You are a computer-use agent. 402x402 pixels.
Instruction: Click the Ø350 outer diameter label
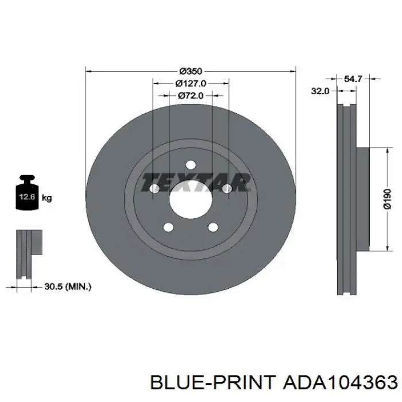pos(191,71)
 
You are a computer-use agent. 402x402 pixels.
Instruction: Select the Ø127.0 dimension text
pos(191,83)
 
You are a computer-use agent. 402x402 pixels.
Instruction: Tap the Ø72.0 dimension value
pos(191,96)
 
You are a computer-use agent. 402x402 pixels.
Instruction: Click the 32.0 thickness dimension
pos(320,91)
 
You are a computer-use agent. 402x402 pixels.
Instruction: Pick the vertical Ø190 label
pos(388,199)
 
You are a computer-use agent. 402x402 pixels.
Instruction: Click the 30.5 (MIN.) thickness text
pos(68,287)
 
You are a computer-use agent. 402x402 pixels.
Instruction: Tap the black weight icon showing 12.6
pos(27,192)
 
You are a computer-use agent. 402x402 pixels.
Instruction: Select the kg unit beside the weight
pos(47,198)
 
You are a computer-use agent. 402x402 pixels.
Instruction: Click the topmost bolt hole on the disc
pos(191,165)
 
